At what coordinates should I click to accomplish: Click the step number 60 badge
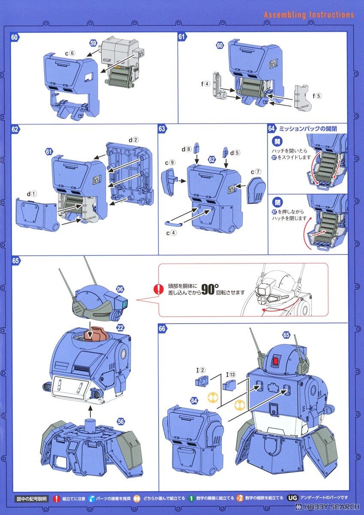point(15,37)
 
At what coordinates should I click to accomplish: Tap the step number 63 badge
point(162,128)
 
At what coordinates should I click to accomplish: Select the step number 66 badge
point(162,329)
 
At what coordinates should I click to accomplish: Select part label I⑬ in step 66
point(231,374)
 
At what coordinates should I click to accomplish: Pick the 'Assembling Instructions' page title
point(309,15)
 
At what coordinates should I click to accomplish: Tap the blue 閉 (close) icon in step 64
point(276,201)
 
